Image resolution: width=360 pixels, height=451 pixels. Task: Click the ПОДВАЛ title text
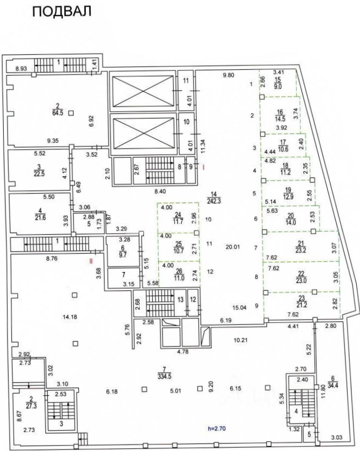click(62, 11)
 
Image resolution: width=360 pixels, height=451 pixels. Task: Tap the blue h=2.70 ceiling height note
click(217, 429)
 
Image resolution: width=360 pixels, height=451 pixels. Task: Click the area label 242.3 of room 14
click(214, 198)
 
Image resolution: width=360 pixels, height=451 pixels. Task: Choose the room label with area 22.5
click(39, 171)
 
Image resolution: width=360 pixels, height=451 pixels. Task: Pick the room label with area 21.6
click(40, 215)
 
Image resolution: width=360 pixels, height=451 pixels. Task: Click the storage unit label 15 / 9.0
click(278, 83)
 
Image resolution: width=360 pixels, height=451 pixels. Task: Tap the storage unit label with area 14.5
click(280, 115)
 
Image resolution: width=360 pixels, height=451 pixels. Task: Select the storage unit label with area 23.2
click(300, 247)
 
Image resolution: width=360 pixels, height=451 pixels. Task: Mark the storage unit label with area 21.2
click(302, 301)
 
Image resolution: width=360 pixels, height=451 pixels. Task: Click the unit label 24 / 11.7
click(179, 218)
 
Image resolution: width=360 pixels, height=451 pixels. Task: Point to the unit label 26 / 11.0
click(179, 275)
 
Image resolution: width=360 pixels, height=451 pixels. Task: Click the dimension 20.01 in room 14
click(232, 247)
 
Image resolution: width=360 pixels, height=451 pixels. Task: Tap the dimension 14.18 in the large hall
click(70, 317)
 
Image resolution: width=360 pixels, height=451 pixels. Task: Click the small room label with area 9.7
click(123, 252)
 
